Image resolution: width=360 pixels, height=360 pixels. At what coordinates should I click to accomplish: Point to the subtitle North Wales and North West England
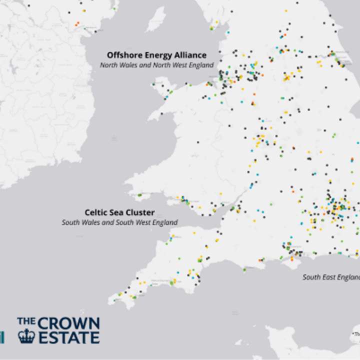(x=156, y=65)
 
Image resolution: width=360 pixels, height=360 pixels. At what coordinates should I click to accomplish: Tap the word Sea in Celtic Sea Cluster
(x=116, y=211)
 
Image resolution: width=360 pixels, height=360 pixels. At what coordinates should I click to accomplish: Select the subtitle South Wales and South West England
(x=119, y=222)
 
